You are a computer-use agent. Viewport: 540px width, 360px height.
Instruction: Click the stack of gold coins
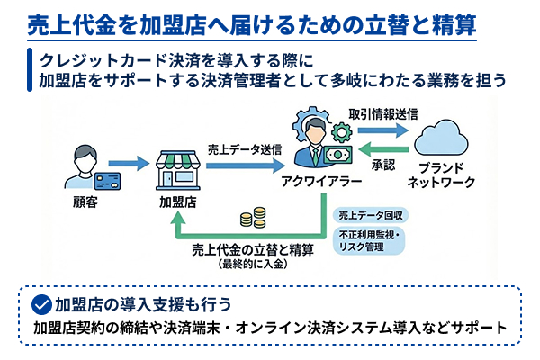253,218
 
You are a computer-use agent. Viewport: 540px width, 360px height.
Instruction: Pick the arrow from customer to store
130,164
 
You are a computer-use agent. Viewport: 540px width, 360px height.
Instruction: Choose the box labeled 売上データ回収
371,216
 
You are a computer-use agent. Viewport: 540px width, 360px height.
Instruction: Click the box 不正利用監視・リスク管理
371,240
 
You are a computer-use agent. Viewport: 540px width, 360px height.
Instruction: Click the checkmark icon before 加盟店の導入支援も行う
40,302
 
